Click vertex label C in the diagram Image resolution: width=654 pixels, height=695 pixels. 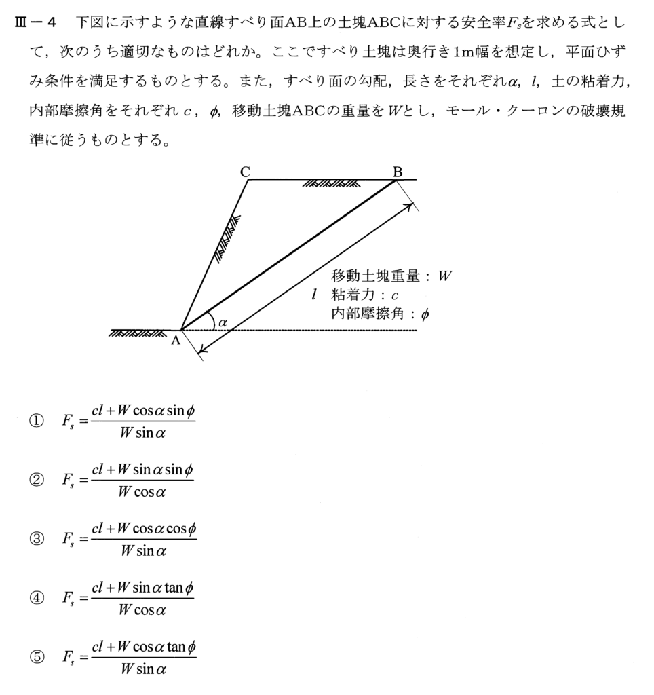coord(245,172)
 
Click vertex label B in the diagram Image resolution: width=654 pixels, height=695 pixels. coord(398,172)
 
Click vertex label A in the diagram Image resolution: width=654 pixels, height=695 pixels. coord(175,341)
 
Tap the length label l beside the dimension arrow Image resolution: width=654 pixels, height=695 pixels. coord(313,295)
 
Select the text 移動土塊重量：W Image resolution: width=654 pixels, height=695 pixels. coord(391,276)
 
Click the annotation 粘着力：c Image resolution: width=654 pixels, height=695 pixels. coord(364,295)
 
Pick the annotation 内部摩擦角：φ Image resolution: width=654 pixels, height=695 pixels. coord(380,314)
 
